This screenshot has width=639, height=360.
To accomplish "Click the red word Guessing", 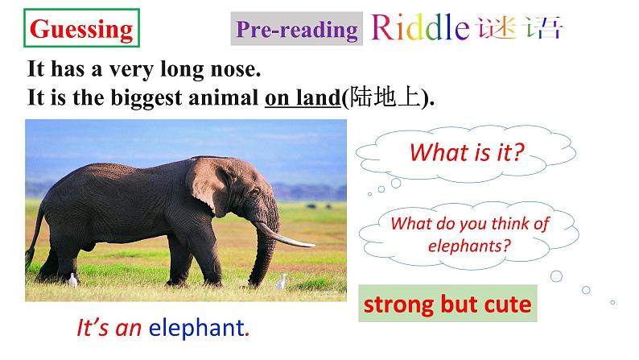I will pos(80,30).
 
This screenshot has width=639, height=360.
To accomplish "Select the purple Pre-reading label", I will pos(296,30).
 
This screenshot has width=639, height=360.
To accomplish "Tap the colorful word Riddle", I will pos(419,28).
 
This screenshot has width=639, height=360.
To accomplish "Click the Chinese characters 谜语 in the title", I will pos(518,28).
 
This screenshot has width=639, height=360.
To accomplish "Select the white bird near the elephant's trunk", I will pos(282,282).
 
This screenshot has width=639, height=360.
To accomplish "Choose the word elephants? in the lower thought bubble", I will pos(470,246).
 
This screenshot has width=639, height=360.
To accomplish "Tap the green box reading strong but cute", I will pos(447,304).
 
